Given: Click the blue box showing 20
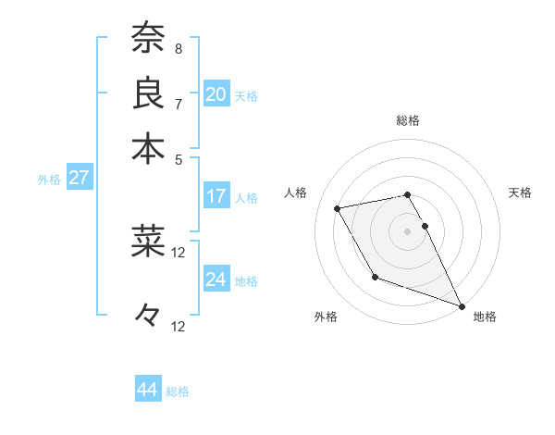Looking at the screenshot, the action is click(x=216, y=94).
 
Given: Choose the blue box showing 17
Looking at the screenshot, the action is click(x=216, y=196).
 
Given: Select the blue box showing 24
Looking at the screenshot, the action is click(x=216, y=280).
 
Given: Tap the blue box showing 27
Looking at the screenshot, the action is click(x=79, y=178).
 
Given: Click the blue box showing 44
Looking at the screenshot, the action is click(x=147, y=390).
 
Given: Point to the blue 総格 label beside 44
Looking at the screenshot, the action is click(x=178, y=391).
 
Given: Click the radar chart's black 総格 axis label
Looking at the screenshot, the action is click(x=408, y=120).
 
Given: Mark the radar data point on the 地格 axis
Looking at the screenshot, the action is click(x=462, y=305).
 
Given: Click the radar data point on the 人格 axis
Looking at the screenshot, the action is click(x=338, y=209).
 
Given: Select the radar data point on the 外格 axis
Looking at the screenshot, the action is click(x=375, y=277).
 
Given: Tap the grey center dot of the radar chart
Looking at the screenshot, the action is click(x=408, y=231).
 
